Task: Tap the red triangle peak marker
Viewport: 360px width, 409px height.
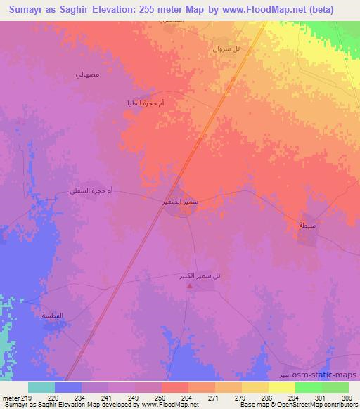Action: (188, 285)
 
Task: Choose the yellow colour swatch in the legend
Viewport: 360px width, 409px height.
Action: (282, 387)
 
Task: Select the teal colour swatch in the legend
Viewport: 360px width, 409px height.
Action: (41, 387)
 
